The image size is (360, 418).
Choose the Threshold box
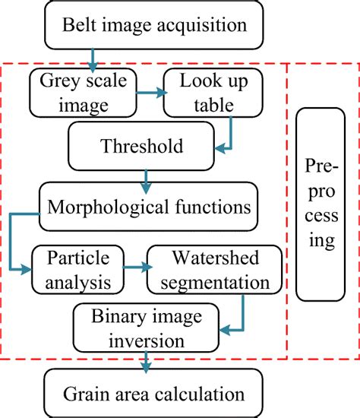click(144, 144)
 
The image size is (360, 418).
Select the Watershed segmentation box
click(207, 268)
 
